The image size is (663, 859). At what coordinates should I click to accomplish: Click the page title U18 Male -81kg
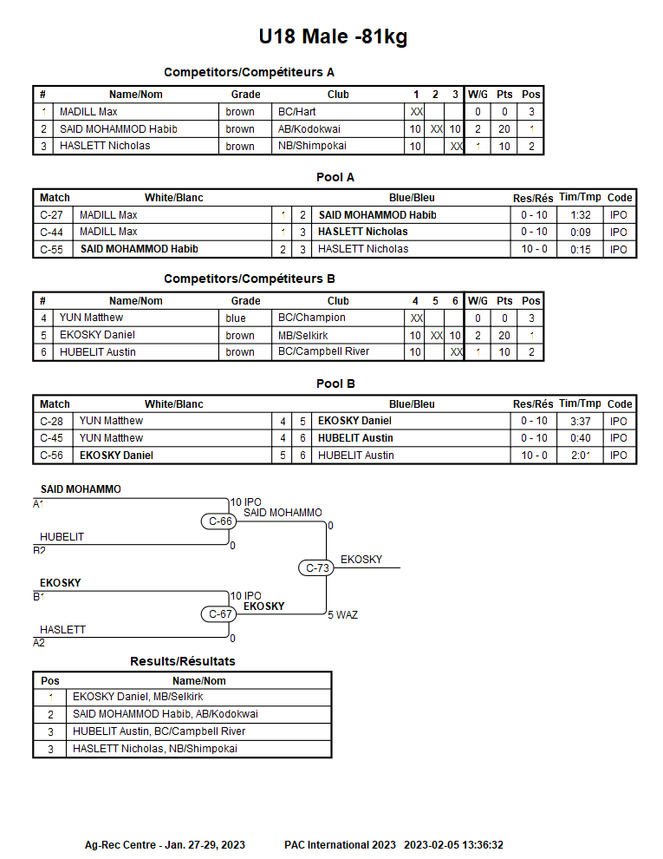pyautogui.click(x=333, y=36)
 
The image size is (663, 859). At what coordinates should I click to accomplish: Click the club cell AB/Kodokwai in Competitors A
pyautogui.click(x=309, y=128)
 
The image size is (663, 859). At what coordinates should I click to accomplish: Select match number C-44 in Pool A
pyautogui.click(x=51, y=232)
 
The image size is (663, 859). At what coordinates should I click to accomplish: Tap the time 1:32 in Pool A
pyautogui.click(x=581, y=215)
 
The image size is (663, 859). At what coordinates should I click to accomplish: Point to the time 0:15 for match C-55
pyautogui.click(x=581, y=249)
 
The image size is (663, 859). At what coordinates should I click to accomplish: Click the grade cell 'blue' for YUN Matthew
pyautogui.click(x=236, y=318)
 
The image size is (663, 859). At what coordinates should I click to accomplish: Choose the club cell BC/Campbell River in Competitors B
pyautogui.click(x=324, y=351)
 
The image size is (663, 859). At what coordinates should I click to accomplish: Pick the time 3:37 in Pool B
pyautogui.click(x=581, y=422)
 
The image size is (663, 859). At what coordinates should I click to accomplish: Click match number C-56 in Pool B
pyautogui.click(x=51, y=456)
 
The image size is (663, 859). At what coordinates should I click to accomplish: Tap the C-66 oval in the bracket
pyautogui.click(x=218, y=521)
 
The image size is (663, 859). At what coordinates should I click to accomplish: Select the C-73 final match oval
pyautogui.click(x=316, y=567)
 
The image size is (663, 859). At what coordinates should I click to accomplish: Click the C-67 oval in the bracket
pyautogui.click(x=218, y=614)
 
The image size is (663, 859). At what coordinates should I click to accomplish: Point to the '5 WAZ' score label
pyautogui.click(x=343, y=614)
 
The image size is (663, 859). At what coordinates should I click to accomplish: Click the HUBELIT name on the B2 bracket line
pyautogui.click(x=62, y=537)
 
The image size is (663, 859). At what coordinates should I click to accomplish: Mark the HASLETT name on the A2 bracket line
pyautogui.click(x=63, y=630)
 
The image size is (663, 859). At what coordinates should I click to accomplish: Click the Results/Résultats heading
pyautogui.click(x=183, y=661)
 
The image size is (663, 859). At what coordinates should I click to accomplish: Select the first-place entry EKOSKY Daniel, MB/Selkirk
pyautogui.click(x=138, y=696)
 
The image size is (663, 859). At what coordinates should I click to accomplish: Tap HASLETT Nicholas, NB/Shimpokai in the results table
pyautogui.click(x=155, y=748)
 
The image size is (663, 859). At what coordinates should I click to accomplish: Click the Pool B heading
pyautogui.click(x=335, y=384)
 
